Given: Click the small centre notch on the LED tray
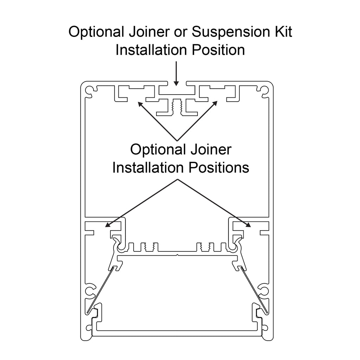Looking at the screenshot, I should point(178,255).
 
